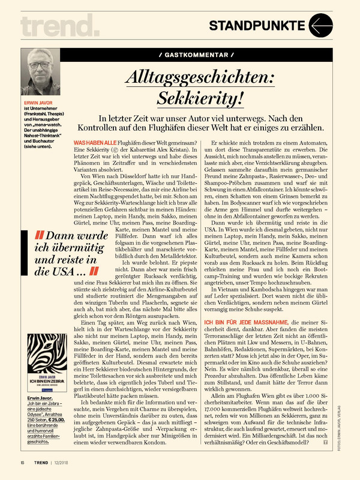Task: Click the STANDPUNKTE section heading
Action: point(257,25)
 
